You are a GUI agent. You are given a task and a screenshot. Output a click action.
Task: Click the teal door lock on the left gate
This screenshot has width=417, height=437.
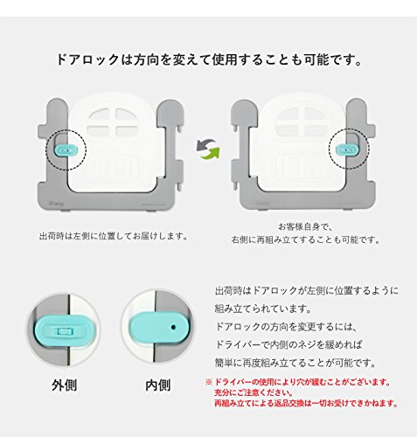(x=66, y=149)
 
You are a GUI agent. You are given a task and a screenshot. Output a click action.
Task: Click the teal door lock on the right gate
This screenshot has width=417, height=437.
(x=346, y=149)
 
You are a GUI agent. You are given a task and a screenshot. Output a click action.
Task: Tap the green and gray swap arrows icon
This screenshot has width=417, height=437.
(x=208, y=149)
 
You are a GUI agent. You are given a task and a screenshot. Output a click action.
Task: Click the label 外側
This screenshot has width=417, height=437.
(x=65, y=385)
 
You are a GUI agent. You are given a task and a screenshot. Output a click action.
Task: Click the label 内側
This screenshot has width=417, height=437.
(x=158, y=385)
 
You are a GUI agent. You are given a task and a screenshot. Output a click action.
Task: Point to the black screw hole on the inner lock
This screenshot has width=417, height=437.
(x=173, y=327)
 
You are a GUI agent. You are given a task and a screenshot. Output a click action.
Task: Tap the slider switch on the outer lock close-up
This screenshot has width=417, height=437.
(x=62, y=331)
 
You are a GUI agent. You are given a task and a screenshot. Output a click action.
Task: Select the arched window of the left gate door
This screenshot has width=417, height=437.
(x=113, y=121)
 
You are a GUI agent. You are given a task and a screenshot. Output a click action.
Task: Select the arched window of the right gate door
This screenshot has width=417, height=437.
(x=300, y=121)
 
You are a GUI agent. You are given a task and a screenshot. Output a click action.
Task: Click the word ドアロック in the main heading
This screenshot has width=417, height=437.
(x=87, y=59)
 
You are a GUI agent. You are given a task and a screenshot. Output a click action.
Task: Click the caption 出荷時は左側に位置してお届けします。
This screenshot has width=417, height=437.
(x=114, y=235)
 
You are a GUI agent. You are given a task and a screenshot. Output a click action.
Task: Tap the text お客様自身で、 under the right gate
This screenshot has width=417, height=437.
(x=305, y=226)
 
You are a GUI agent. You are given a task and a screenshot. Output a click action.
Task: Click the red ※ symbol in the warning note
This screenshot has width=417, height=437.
(x=209, y=382)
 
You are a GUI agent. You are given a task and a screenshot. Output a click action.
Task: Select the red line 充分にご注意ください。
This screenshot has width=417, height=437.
(x=254, y=392)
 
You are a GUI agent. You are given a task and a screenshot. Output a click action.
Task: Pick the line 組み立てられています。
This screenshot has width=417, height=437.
(x=263, y=309)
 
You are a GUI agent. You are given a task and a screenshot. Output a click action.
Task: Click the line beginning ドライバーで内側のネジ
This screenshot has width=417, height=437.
(x=288, y=344)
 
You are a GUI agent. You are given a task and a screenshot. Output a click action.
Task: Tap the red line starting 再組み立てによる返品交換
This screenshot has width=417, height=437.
(x=306, y=403)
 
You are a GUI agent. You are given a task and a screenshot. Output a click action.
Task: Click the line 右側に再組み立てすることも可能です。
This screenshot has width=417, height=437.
(x=306, y=239)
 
